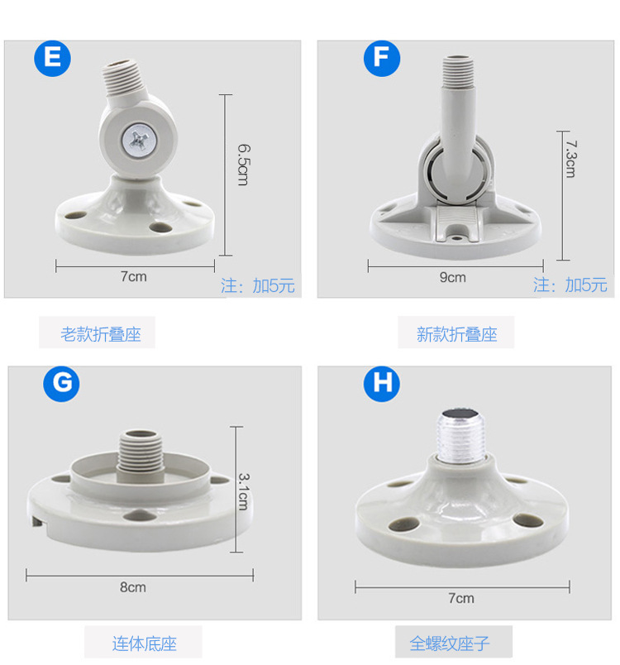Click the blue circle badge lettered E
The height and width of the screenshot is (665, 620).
(53, 59)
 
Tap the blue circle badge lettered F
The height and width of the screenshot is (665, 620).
(381, 59)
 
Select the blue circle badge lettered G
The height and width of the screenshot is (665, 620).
(61, 384)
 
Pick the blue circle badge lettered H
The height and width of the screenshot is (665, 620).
(381, 384)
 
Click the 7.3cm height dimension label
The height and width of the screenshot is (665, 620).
(570, 157)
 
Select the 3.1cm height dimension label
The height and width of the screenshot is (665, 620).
(242, 491)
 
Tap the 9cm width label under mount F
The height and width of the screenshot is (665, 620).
(452, 278)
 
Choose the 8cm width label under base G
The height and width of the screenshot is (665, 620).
(132, 587)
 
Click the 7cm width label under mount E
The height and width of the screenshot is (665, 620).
(133, 277)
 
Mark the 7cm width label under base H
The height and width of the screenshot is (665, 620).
(461, 598)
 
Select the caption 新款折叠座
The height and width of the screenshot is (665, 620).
(456, 335)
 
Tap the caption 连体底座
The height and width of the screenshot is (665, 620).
(144, 643)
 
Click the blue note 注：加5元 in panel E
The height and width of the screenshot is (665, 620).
(258, 286)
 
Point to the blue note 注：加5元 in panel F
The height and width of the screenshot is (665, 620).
(570, 285)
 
